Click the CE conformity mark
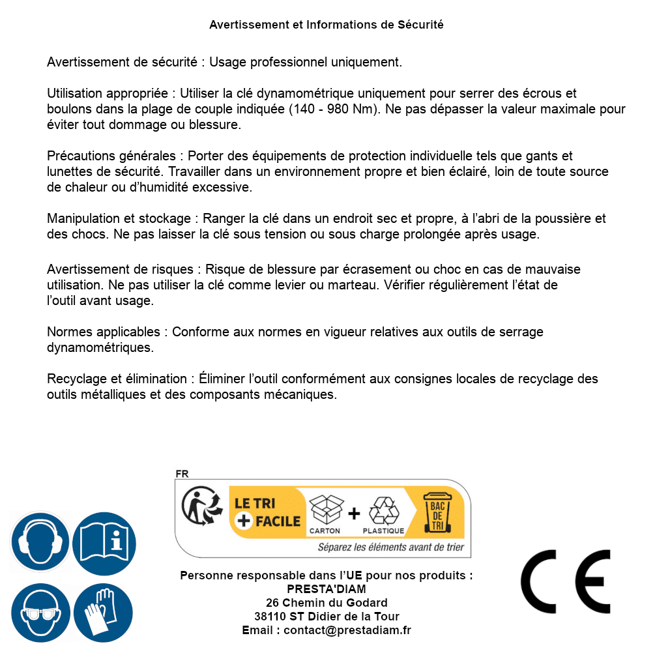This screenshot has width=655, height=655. tap(566, 582)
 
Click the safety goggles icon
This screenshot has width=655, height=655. tap(39, 613)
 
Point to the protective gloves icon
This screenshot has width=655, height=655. tap(103, 613)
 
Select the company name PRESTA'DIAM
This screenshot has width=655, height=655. tap(327, 589)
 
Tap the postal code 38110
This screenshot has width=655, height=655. tap(269, 617)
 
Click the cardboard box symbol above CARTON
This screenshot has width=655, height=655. tap(325, 510)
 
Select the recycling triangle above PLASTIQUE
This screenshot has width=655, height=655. tap(383, 510)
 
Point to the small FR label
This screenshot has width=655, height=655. tap(182, 474)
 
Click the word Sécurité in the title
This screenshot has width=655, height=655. tap(420, 25)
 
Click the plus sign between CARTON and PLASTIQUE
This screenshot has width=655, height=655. tap(354, 514)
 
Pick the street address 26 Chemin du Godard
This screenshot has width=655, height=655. tap(327, 603)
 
